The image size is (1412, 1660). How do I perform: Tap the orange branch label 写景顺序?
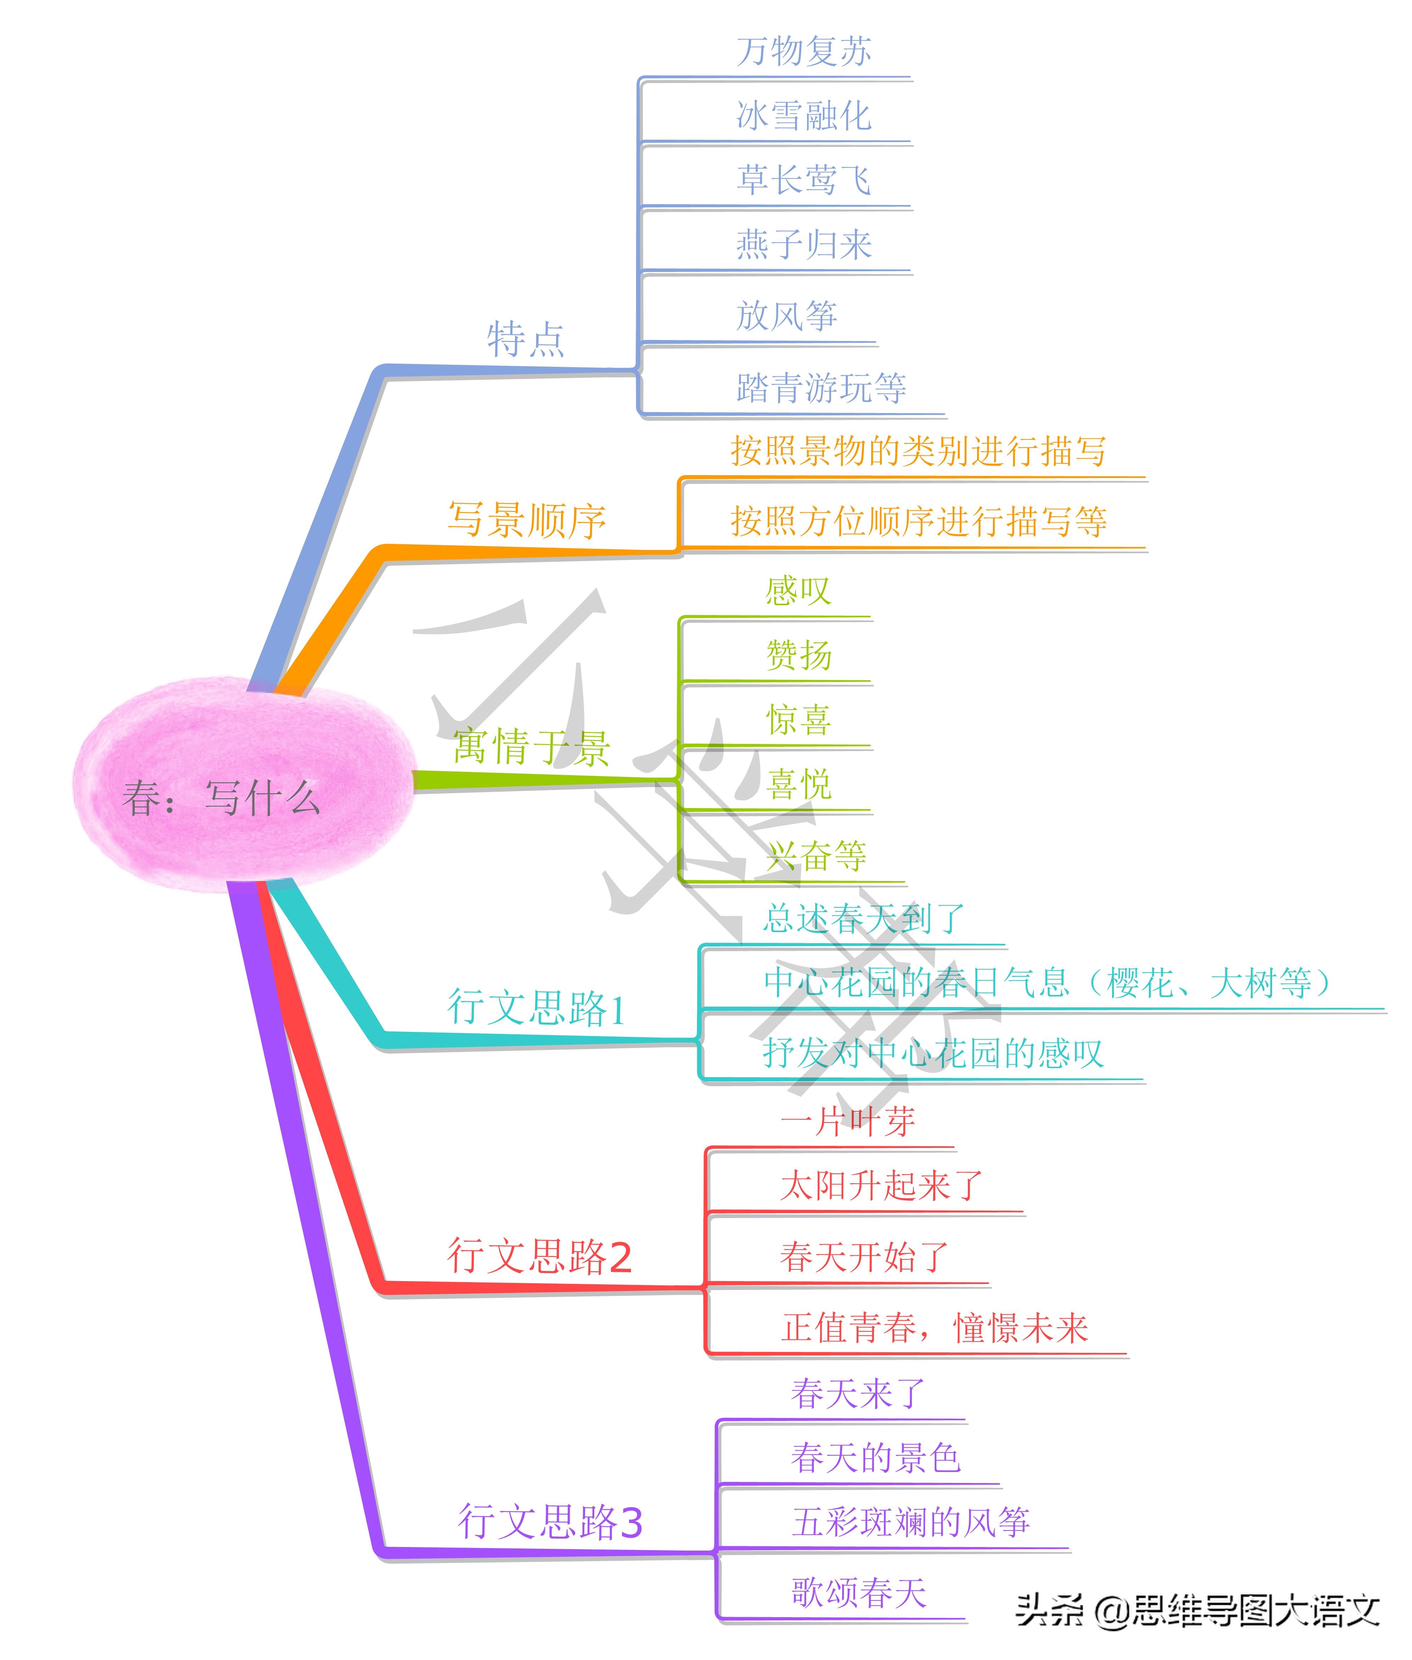527,520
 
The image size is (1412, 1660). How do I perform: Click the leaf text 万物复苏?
804,51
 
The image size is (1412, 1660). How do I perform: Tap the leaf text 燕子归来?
804,244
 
